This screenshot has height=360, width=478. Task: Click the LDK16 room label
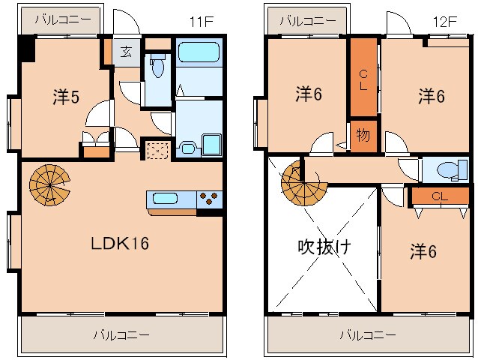[x=121, y=244]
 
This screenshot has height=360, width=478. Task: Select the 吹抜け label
[x=324, y=245]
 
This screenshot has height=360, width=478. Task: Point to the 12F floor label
[x=445, y=21]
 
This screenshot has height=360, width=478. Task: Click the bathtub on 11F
[x=199, y=54]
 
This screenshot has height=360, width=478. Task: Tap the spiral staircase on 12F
[x=302, y=182]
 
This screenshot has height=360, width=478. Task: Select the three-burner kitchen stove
[x=211, y=199]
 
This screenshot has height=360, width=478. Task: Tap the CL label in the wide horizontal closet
[x=440, y=196]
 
